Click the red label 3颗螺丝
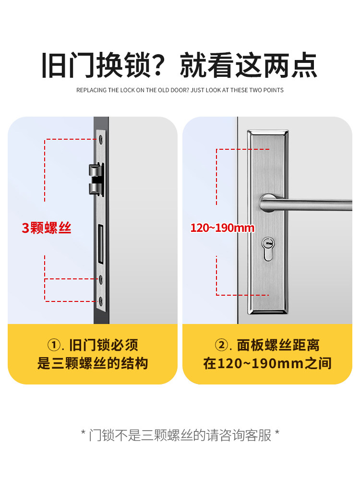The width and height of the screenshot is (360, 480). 47,228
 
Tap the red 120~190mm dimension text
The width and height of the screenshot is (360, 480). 222,228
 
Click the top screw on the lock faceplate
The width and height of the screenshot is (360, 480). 101,139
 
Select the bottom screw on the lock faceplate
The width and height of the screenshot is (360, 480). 101,301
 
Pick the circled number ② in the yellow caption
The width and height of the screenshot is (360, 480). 221,345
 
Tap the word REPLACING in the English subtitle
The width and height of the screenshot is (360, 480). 91,90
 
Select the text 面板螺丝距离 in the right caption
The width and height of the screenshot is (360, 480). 278,345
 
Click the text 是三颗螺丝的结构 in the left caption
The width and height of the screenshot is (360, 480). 93,363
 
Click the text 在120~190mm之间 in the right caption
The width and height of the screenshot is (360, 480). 267,363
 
